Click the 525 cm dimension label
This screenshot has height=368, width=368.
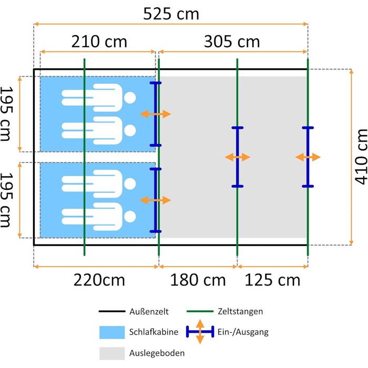pos(171,14)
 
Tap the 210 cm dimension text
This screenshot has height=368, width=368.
pos(99,42)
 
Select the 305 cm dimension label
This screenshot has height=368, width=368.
pos(232,42)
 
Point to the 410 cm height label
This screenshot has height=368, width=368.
pos(361,157)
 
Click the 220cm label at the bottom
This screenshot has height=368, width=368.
pos(99,280)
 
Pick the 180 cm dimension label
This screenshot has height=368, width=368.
pos(198,280)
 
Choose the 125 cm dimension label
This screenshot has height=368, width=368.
pos(272,280)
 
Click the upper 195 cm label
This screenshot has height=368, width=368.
pos(6,114)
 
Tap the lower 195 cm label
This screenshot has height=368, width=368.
pos(6,200)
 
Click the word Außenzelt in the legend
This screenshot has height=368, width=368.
pos(149,312)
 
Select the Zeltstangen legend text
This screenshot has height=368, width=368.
pos(240,311)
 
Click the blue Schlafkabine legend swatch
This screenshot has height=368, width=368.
pos(112,332)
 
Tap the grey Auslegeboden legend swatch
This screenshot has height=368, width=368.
pos(112,353)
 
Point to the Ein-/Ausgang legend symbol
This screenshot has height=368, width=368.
pos(200,332)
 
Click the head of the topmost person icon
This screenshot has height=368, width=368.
pos(130,98)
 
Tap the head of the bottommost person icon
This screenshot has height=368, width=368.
pos(130,217)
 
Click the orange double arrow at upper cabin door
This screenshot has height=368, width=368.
pos(156,114)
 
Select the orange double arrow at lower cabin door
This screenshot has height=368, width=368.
pos(156,200)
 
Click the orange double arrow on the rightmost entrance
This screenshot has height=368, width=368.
pos(308,157)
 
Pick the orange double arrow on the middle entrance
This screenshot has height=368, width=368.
pos(237,157)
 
